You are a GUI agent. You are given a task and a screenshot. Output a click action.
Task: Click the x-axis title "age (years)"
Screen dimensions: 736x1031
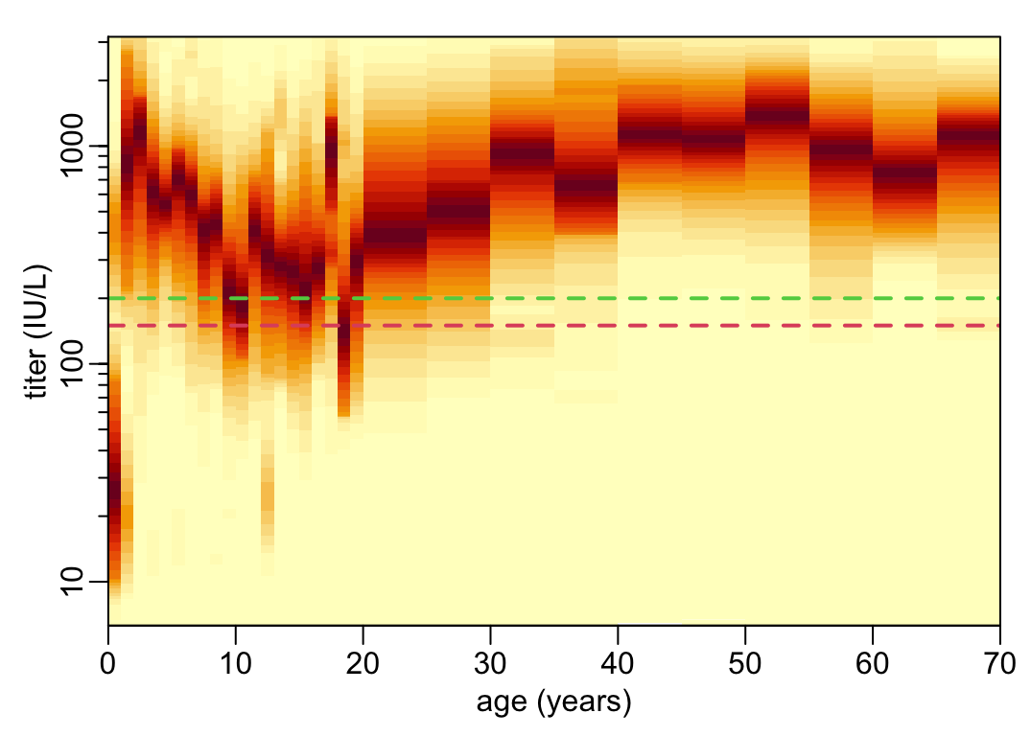553,703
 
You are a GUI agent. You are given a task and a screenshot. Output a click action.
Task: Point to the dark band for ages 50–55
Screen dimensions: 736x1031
777,114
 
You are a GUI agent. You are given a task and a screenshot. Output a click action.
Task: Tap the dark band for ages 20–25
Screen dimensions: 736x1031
395,234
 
